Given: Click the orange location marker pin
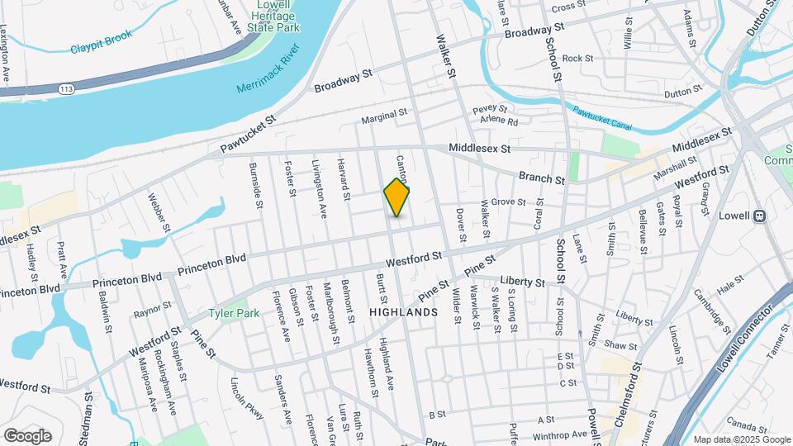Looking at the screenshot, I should coord(397,197).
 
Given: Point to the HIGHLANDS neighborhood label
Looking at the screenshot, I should coord(403,312).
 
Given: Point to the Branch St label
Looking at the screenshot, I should coord(542,178).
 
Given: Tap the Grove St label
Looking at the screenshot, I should coord(509,202).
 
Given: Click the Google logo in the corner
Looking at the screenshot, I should coord(27,435).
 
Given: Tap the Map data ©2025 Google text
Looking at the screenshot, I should coord(740,439).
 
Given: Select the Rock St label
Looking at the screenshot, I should coord(577,59).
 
